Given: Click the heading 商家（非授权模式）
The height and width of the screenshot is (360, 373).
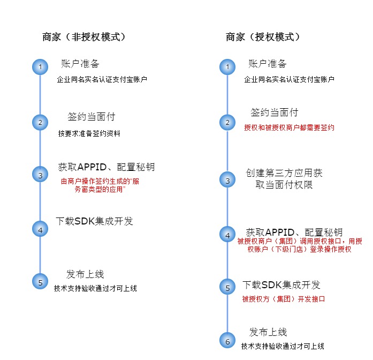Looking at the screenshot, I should pyautogui.click(x=84, y=37).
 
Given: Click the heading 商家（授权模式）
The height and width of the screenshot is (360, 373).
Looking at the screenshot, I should pyautogui.click(x=263, y=37).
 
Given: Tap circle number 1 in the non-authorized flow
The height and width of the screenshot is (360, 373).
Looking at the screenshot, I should pyautogui.click(x=40, y=67).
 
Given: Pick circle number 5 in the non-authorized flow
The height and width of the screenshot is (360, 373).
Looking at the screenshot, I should pyautogui.click(x=40, y=281).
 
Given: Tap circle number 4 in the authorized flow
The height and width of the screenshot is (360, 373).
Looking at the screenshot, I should pyautogui.click(x=227, y=234).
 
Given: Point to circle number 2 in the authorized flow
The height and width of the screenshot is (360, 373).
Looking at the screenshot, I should pyautogui.click(x=227, y=123).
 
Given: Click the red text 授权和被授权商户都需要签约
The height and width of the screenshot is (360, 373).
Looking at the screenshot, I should pyautogui.click(x=289, y=127).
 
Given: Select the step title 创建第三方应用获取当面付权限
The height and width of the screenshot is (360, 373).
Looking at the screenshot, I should pyautogui.click(x=284, y=179).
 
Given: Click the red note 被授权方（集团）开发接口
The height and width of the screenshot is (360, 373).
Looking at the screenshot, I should pyautogui.click(x=283, y=299).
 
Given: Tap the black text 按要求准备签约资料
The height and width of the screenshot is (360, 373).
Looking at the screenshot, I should pyautogui.click(x=89, y=133).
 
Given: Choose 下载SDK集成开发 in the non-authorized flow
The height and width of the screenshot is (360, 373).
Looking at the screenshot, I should pyautogui.click(x=94, y=221).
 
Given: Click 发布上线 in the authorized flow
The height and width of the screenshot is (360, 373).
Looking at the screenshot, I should pyautogui.click(x=268, y=332).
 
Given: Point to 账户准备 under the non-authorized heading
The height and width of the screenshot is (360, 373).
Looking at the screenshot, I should pyautogui.click(x=80, y=64).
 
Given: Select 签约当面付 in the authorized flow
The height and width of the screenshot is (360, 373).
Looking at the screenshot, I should pyautogui.click(x=275, y=112).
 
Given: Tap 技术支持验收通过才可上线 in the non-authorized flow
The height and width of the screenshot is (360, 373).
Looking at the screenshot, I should pyautogui.click(x=95, y=288).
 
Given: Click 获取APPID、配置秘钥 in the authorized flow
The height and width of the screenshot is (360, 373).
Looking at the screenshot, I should pyautogui.click(x=294, y=232).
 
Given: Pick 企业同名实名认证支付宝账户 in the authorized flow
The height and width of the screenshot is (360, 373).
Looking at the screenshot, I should pyautogui.click(x=289, y=79).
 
